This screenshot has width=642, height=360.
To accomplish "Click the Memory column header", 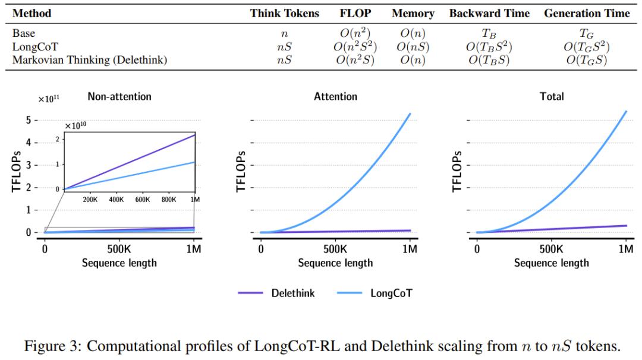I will coord(413,14).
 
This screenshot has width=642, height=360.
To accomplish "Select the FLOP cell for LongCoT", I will coord(355,47).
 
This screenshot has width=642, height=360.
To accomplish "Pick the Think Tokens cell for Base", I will coord(284,34).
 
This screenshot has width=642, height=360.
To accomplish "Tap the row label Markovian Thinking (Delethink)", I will coord(90,60).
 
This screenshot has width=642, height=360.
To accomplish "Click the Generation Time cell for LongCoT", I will coord(587,47).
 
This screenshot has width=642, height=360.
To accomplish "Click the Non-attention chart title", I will coord(119,96).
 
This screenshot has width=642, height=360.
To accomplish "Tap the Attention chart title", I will coord(335,96).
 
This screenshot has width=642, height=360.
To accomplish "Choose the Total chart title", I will coord(552,96).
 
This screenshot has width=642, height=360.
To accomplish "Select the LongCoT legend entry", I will coord(391,293).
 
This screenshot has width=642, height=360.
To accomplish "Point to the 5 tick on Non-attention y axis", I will coord(28,120).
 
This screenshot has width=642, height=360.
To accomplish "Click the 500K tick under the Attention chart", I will coord(335,250).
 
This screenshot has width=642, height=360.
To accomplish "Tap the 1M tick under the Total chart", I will coord(625,250).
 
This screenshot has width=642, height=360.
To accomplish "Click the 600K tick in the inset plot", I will coord(142,200).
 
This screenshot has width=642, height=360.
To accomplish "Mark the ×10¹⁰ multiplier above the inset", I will coord(75,126).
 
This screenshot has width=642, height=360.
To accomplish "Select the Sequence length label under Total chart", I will coord(552,263).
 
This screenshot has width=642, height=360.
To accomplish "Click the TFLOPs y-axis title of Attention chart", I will coord(241,172).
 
